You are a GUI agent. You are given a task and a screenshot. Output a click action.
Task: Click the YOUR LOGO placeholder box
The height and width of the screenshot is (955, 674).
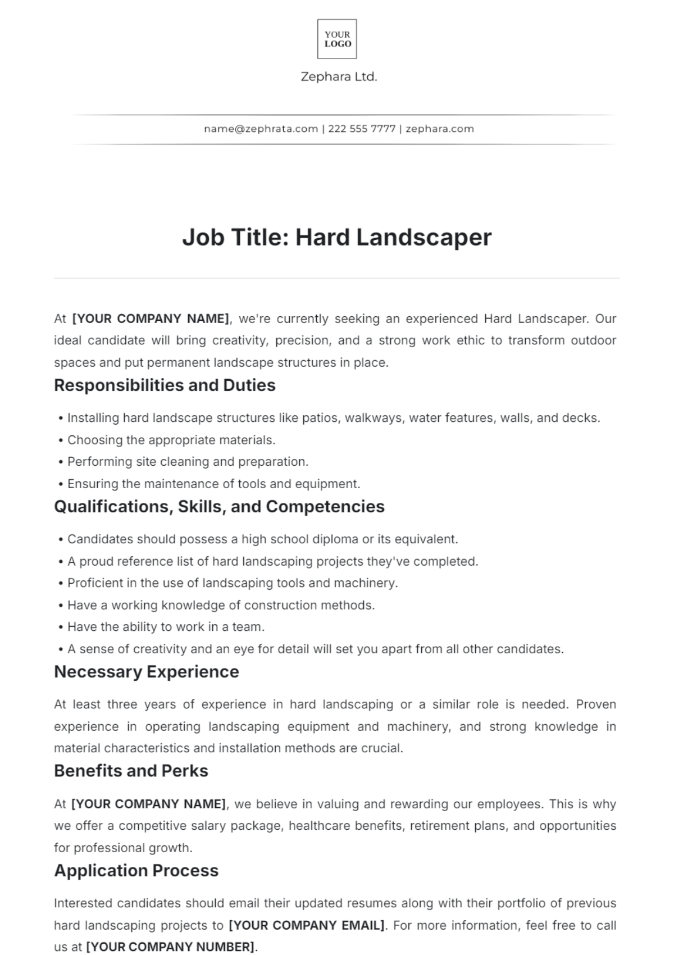[x=337, y=39]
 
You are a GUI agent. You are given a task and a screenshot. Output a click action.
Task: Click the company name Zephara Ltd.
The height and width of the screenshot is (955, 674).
[x=339, y=77]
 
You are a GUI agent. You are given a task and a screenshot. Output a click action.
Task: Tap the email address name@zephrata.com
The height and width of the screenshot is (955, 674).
[x=261, y=129]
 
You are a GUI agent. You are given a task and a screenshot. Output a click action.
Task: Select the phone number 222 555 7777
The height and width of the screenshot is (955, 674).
[x=362, y=129]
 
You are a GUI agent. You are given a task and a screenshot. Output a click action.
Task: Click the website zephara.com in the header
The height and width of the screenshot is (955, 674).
[x=439, y=129]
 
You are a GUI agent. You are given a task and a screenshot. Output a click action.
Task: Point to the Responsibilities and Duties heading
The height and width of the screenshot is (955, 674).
[x=165, y=385]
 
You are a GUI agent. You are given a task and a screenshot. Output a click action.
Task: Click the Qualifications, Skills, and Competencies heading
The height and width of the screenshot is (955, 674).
[x=219, y=507]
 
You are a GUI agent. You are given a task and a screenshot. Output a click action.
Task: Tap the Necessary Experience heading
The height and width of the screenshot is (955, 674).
[x=146, y=672]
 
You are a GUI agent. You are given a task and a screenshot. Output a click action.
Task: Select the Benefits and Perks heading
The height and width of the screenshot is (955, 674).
[x=131, y=771]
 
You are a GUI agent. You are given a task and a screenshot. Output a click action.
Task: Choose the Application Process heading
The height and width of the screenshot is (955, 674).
[x=136, y=871]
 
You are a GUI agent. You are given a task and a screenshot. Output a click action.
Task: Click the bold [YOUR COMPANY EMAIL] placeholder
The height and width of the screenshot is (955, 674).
[x=307, y=925]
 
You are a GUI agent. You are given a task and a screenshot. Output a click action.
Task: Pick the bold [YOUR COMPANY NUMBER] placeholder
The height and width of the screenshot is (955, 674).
[x=170, y=947]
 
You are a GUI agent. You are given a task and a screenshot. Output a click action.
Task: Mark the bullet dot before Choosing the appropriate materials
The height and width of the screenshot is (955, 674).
[x=61, y=440]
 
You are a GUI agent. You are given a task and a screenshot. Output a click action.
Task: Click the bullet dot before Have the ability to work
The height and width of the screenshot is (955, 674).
[x=61, y=627]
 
